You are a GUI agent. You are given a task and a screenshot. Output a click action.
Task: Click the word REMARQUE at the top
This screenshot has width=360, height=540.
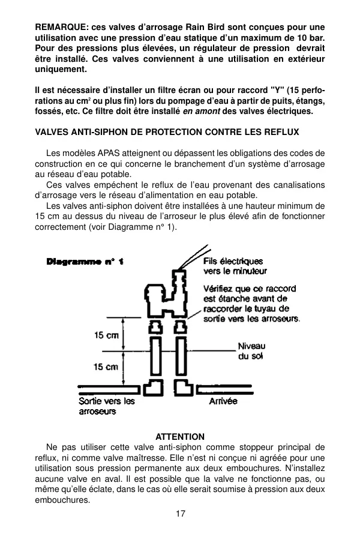62,27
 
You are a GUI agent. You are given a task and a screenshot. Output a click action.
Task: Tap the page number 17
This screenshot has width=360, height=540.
180,514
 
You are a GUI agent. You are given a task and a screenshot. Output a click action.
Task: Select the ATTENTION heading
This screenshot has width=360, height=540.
180,437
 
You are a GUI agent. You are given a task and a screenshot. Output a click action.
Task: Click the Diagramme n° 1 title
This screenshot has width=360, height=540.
85,262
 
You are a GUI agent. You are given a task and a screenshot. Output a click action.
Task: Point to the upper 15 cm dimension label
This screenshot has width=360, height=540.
106,335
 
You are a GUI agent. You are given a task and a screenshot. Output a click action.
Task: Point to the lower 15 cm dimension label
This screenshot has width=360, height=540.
106,367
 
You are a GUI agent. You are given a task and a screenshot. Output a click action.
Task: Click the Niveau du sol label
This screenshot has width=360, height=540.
251,351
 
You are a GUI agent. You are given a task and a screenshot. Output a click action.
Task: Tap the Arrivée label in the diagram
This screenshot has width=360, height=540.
223,401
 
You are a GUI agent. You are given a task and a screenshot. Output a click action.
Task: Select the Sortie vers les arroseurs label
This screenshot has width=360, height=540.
106,406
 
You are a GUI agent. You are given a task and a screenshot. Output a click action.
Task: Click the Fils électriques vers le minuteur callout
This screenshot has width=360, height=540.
235,266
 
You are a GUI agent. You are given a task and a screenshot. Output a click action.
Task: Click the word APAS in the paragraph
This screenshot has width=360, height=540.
109,153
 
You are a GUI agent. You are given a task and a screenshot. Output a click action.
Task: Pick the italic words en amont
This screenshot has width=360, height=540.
201,111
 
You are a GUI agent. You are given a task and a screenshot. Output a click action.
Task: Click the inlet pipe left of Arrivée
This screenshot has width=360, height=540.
224,389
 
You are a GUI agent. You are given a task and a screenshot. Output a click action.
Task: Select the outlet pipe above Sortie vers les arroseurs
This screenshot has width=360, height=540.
109,389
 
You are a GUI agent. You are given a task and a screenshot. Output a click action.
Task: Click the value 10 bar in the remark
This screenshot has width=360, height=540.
312,38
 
